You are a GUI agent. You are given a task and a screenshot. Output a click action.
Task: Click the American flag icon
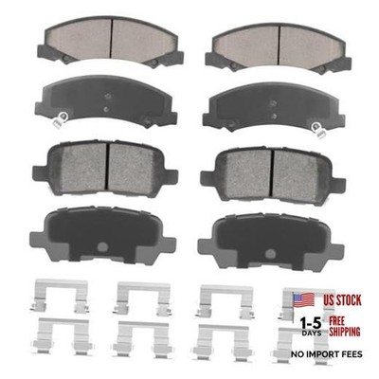click(x=304, y=299)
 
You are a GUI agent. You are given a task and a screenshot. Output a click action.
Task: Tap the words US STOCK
click(x=342, y=300)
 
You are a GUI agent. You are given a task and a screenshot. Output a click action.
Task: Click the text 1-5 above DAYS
click(x=311, y=323)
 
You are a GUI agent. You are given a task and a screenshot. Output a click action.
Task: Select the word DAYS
click(x=312, y=333)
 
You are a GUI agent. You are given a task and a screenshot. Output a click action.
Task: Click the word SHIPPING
click(x=345, y=332)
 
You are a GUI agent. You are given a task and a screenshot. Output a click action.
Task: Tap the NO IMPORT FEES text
click(x=327, y=354)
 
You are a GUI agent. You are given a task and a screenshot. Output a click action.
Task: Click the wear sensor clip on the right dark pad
click(x=317, y=130)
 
